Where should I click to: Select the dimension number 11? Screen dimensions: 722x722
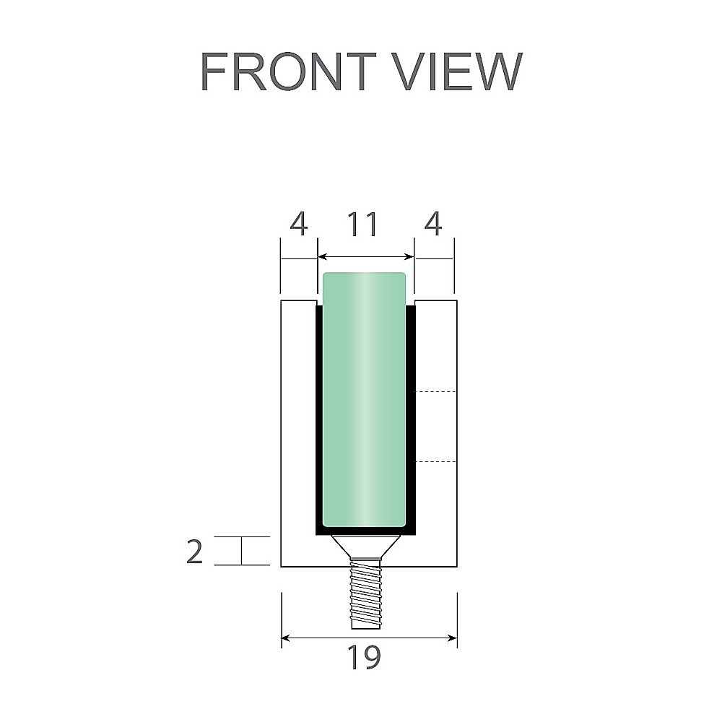pos(363,225)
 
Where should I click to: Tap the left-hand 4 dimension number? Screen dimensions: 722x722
pos(298,225)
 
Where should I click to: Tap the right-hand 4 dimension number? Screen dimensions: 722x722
pos(432,225)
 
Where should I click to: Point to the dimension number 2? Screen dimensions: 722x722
pos(195,552)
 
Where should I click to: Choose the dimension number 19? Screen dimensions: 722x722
pos(363,658)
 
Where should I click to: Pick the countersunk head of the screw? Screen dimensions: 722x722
pos(365,546)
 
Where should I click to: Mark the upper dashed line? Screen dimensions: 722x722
pos(436,391)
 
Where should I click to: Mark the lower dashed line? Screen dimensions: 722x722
pos(436,461)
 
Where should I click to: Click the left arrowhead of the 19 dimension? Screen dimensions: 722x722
pos(286,638)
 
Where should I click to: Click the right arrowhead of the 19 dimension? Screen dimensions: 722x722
pos(453,638)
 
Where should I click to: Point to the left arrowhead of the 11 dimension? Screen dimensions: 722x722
pos(322,256)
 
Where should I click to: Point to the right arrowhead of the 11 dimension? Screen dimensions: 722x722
pos(409,256)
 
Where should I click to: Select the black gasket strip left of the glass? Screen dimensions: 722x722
pos(318,419)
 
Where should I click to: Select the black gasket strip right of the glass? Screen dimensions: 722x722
pos(412,419)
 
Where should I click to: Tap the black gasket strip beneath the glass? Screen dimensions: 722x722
pos(365,531)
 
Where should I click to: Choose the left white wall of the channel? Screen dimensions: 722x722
pos(298,433)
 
